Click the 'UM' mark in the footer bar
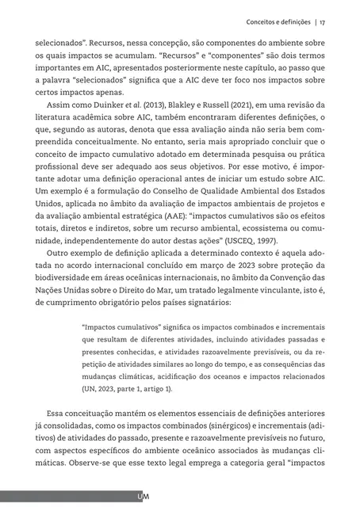[144, 497]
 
